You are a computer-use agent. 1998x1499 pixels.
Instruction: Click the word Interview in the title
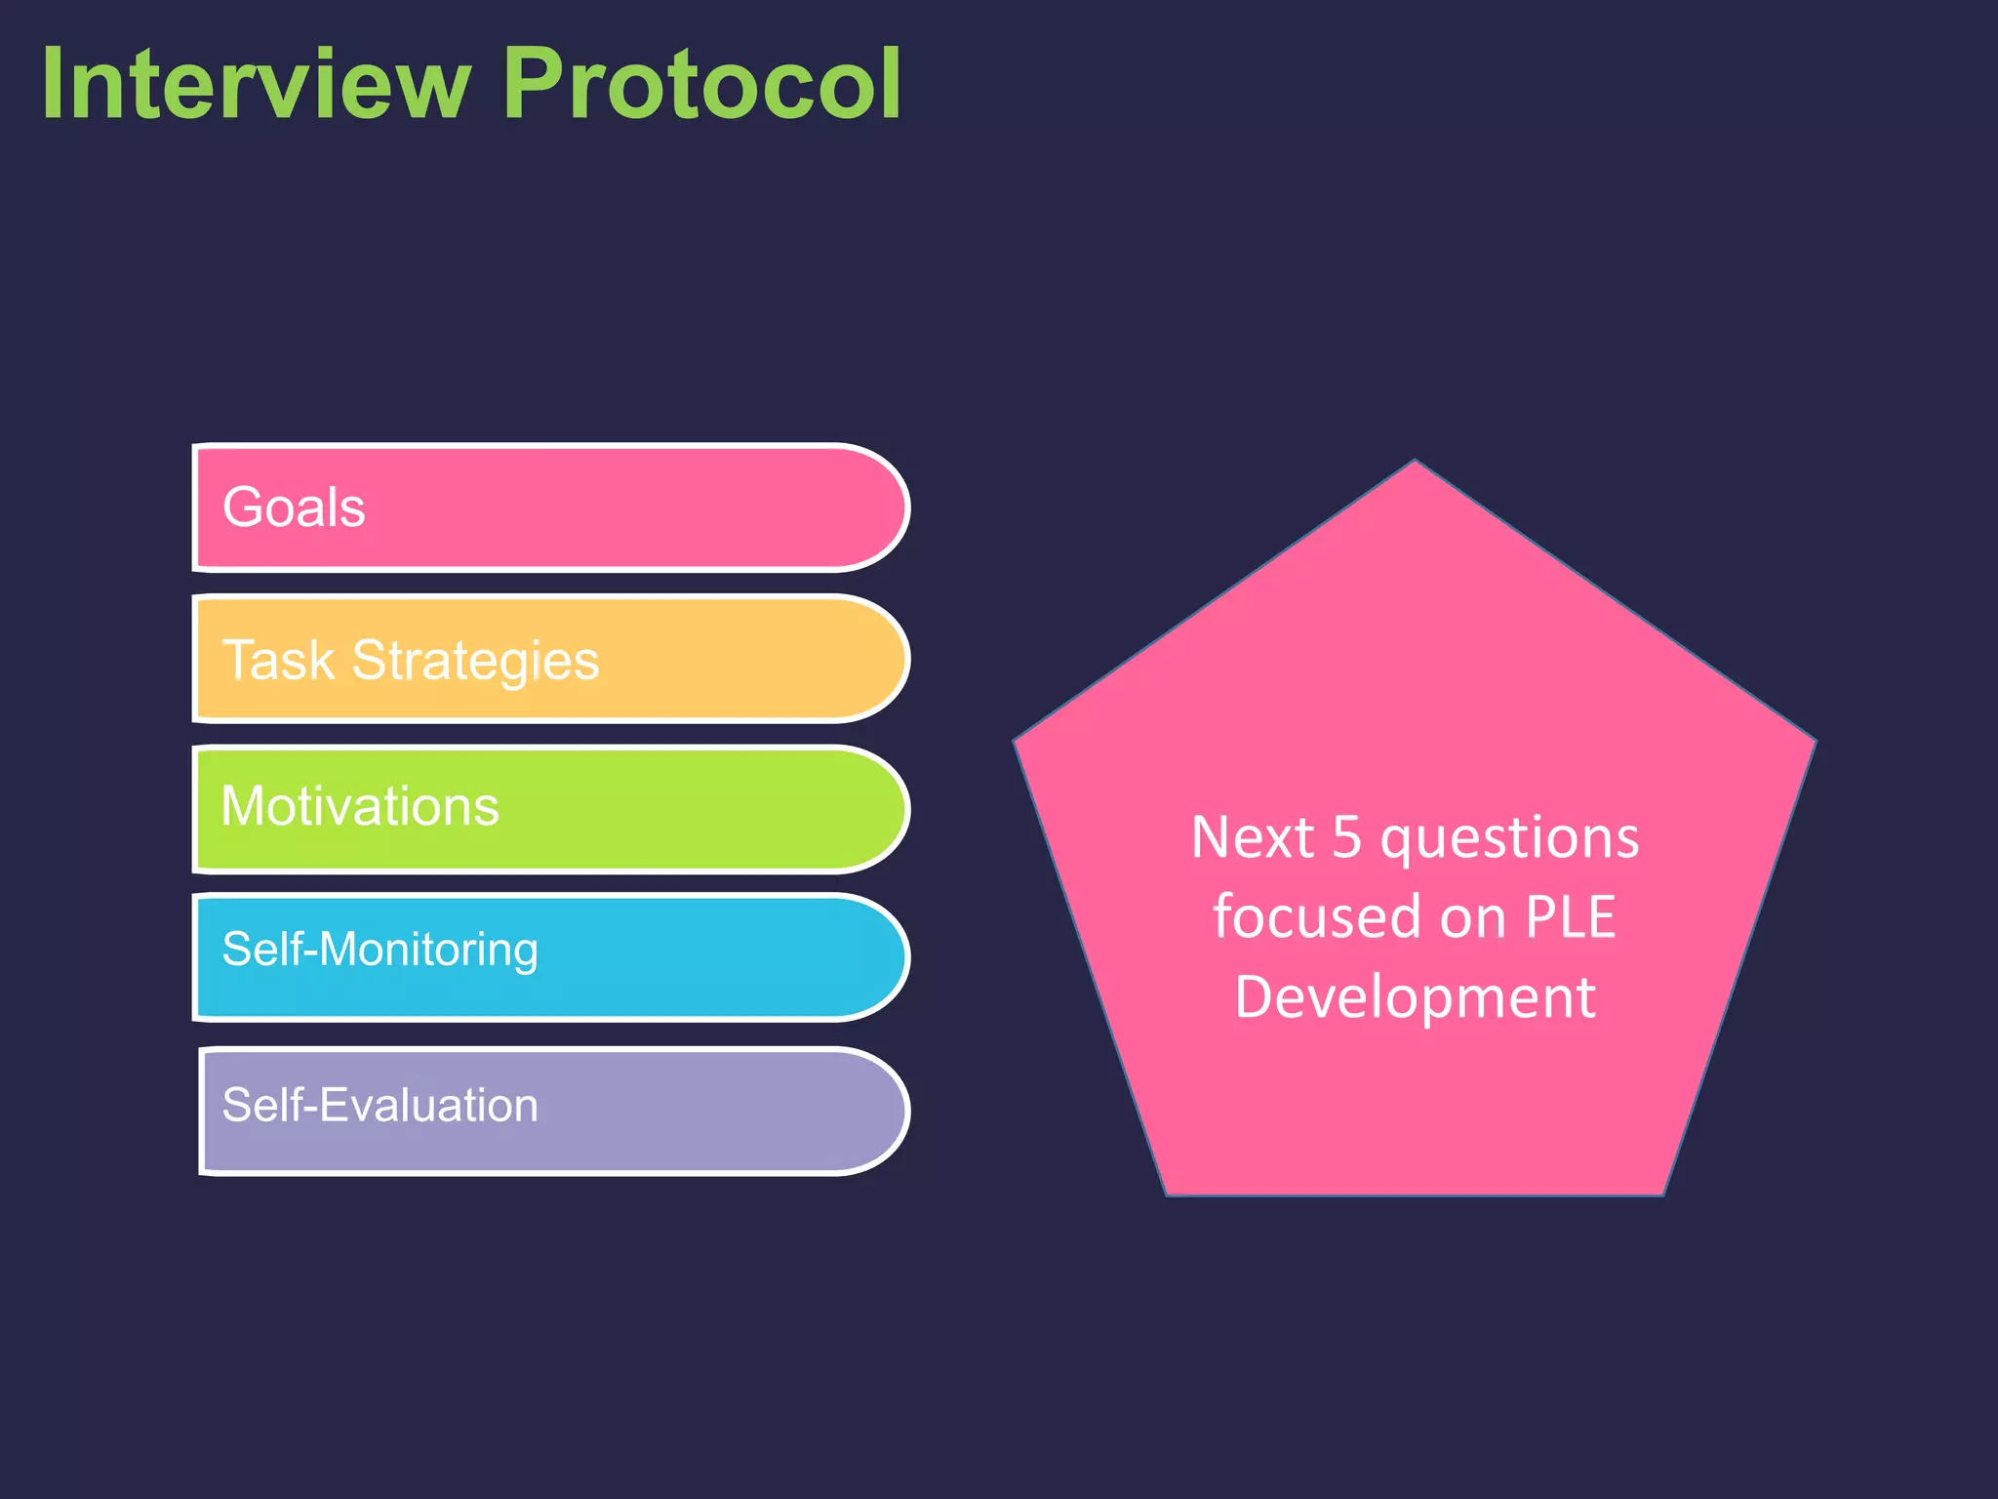point(256,85)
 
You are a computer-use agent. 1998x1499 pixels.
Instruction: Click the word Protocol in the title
point(701,85)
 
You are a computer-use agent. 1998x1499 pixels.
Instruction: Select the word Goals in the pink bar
point(294,507)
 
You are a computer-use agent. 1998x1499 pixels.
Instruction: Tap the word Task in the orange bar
point(279,660)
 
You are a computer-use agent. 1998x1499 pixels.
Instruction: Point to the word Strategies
point(475,662)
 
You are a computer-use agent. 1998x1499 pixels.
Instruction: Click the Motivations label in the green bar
point(360,806)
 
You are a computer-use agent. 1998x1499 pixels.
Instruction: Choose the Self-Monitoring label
point(380,950)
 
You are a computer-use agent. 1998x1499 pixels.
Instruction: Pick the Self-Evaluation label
point(380,1106)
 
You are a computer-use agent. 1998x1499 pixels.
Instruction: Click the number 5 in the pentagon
point(1346,837)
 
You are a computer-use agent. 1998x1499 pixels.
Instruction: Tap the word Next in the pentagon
point(1253,837)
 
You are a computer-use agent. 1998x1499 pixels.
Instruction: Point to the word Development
point(1415,997)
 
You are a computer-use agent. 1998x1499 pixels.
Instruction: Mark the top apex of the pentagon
point(1415,463)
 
